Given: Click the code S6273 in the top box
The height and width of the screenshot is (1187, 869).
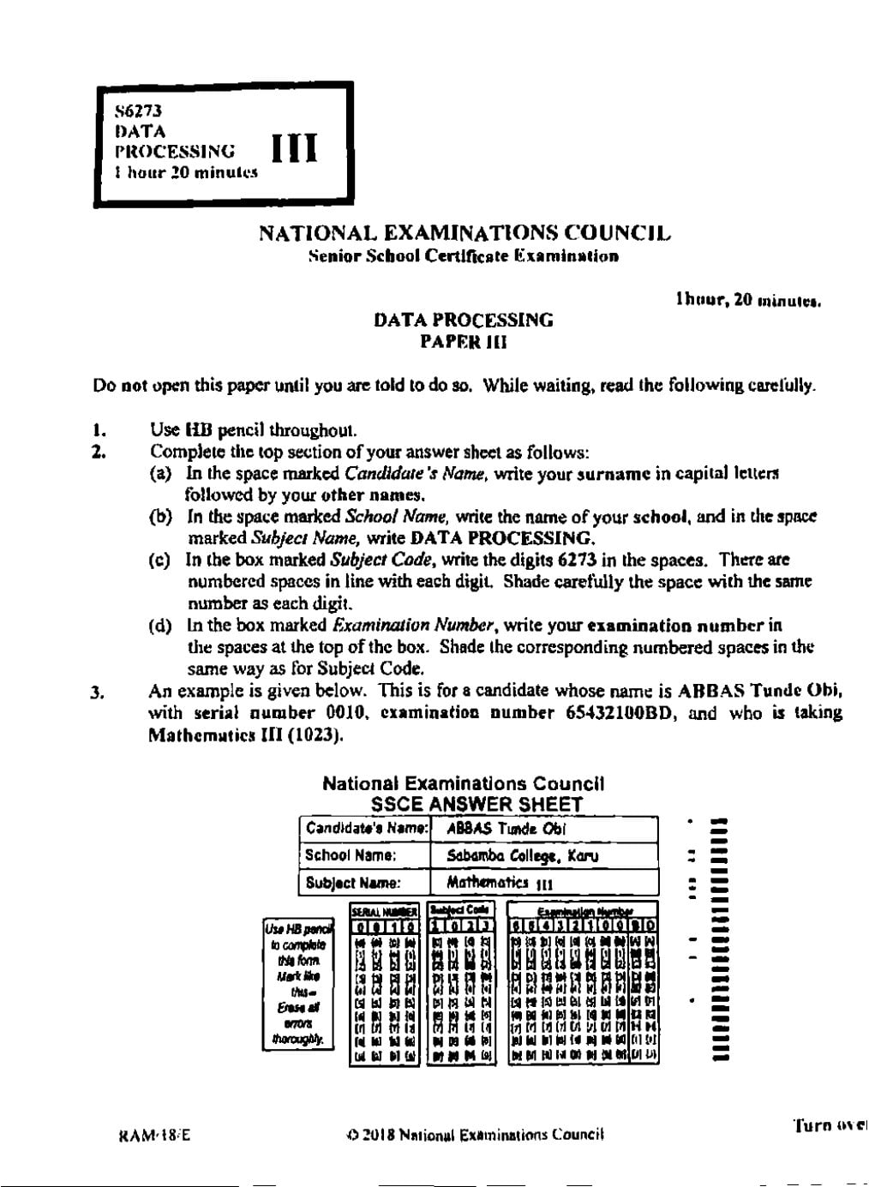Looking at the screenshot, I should [x=138, y=111].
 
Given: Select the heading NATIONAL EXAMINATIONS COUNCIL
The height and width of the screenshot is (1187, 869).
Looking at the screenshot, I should [x=464, y=233].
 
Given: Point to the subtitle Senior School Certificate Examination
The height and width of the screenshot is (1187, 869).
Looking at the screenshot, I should [x=464, y=256].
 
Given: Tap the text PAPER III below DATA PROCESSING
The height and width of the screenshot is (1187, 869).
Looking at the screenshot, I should [x=463, y=342].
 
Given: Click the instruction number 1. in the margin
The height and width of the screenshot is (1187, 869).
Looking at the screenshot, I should [x=99, y=430].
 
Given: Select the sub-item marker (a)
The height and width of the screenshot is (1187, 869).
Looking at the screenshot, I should [x=161, y=473].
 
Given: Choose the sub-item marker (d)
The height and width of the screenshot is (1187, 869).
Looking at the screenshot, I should [x=161, y=626].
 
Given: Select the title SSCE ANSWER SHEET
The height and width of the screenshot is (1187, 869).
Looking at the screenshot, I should [x=476, y=805].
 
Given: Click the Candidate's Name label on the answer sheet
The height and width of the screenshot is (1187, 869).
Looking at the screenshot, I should [x=366, y=829].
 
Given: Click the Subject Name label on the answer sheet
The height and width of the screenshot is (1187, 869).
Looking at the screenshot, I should [x=353, y=883].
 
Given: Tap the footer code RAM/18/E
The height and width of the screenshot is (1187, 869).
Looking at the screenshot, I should [x=154, y=1136].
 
